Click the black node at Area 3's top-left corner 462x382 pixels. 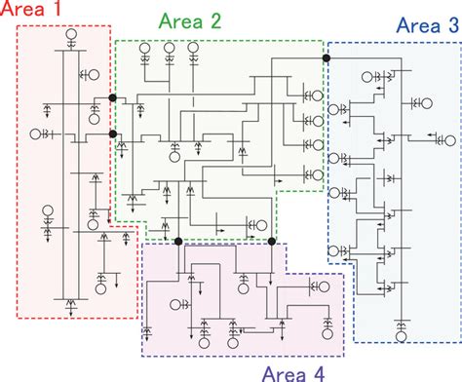click(327, 58)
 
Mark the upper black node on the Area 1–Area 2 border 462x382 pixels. click(113, 98)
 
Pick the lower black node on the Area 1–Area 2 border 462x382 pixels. click(113, 134)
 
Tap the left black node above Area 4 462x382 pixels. click(177, 241)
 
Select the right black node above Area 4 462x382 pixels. click(273, 241)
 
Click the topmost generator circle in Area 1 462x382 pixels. click(71, 40)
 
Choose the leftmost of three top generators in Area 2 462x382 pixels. click(144, 48)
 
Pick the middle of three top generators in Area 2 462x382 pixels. click(170, 48)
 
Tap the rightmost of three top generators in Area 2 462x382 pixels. click(195, 48)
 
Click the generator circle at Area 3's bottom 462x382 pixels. click(401, 336)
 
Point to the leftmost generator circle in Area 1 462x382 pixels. click(35, 133)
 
